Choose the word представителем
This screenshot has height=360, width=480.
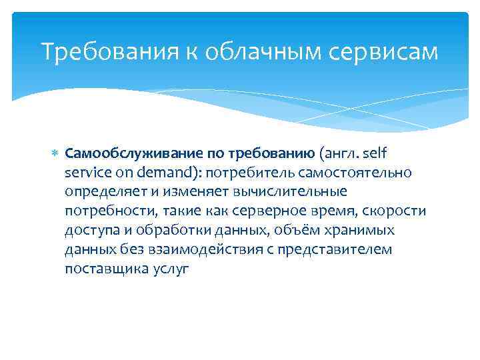(336, 250)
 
